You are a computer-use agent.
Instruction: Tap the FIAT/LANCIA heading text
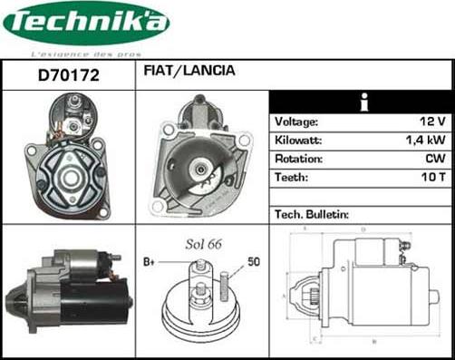click(189, 70)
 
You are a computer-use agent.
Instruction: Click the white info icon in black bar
click(363, 102)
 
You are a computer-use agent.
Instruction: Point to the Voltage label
click(295, 122)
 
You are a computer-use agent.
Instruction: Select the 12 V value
click(435, 122)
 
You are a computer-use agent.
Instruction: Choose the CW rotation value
click(436, 160)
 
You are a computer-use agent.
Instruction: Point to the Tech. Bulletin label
click(310, 214)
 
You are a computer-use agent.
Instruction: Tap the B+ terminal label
click(150, 261)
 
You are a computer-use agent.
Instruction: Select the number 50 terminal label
click(255, 261)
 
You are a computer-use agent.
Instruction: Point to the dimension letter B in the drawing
click(373, 341)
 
